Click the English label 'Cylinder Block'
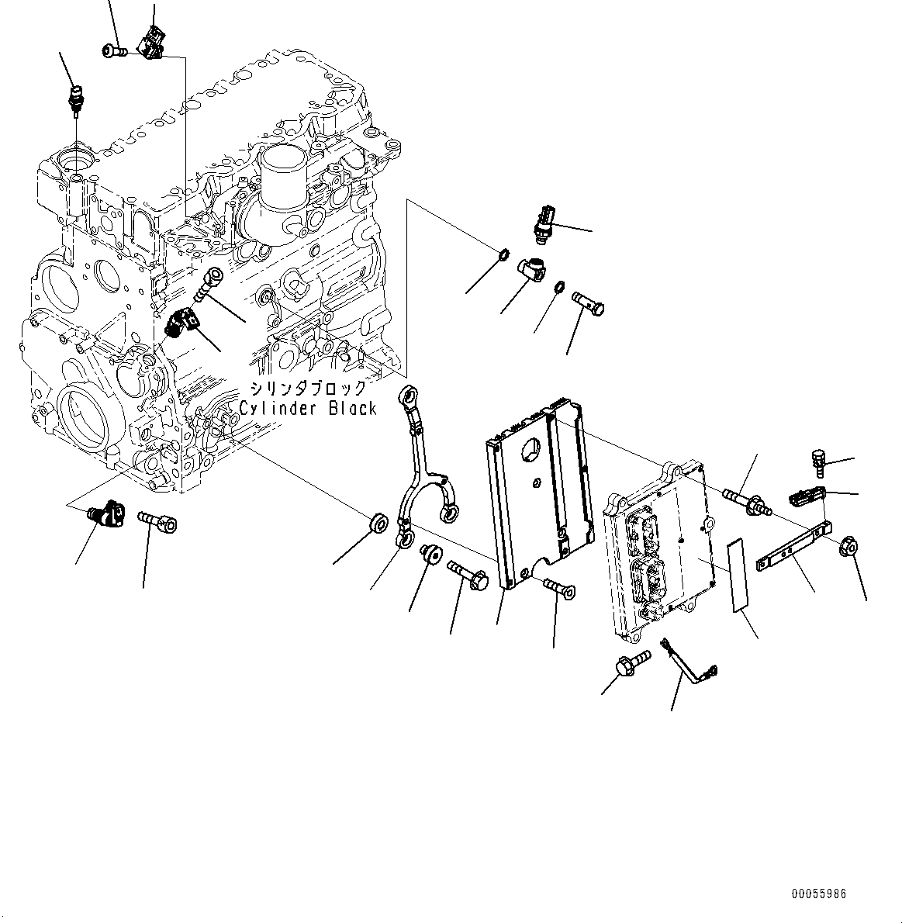click(308, 408)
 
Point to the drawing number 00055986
click(818, 894)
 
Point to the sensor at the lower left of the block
click(105, 513)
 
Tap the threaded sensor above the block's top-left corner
click(75, 101)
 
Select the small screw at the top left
click(112, 51)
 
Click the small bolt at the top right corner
click(818, 462)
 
